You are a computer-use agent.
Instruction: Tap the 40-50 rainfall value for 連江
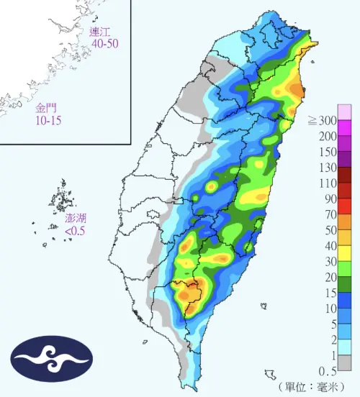tap(104, 44)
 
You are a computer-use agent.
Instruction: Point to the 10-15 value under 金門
tap(48, 120)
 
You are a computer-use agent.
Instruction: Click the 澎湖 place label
tap(76, 218)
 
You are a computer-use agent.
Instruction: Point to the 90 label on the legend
tap(331, 199)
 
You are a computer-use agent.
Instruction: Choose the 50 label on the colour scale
tap(331, 230)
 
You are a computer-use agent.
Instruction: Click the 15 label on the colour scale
tap(331, 293)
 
